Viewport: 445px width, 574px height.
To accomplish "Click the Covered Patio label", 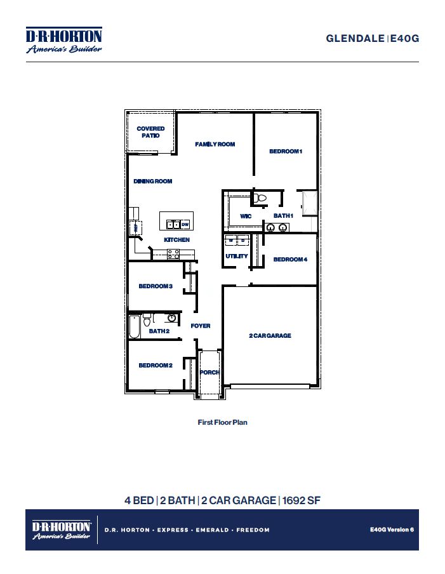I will click(150, 132).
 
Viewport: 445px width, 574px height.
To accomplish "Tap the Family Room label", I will click(215, 145).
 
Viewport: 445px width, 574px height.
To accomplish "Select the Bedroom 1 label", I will click(286, 151).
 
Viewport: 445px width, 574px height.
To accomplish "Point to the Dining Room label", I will click(153, 182).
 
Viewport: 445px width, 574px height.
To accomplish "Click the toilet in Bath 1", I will click(259, 199).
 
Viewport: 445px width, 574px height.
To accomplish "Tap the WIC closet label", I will click(246, 217).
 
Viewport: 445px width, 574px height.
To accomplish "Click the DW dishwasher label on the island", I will click(185, 225).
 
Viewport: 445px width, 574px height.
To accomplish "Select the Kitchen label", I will click(176, 240).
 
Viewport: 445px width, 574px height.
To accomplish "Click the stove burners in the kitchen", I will click(173, 254).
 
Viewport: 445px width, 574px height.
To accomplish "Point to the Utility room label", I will click(237, 257).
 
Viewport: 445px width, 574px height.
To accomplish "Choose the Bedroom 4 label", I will click(290, 259).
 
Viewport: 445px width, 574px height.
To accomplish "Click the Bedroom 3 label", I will click(156, 286).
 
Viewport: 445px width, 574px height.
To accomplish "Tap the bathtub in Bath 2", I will click(134, 326).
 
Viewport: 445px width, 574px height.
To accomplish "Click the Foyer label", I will click(201, 326).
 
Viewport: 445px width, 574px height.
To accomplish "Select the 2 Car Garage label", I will click(270, 335).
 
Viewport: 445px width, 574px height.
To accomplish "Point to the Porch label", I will click(209, 373).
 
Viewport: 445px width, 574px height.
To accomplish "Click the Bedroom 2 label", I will click(156, 365).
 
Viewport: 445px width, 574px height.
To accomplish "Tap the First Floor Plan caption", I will click(222, 422).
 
